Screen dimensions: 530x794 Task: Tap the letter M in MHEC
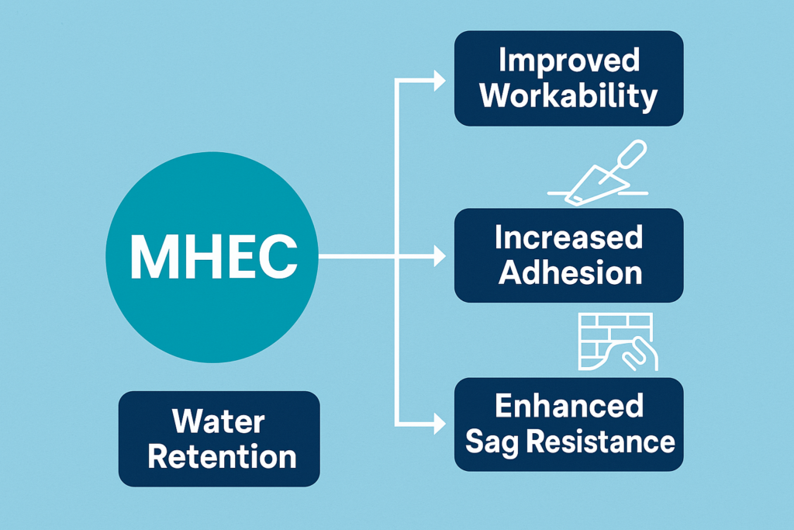coord(150,256)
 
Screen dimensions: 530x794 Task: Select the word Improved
coord(568,63)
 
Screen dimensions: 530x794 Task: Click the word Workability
coord(568,97)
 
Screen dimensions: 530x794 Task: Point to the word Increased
coord(568,238)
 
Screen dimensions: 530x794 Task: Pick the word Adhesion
coord(568,272)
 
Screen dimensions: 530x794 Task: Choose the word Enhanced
coord(568,407)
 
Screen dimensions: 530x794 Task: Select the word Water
coord(219,422)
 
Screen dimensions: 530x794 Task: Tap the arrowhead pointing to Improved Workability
coord(439,79)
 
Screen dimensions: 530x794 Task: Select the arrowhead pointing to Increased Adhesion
coord(439,255)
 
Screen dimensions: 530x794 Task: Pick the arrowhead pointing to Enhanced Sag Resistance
coord(439,424)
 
